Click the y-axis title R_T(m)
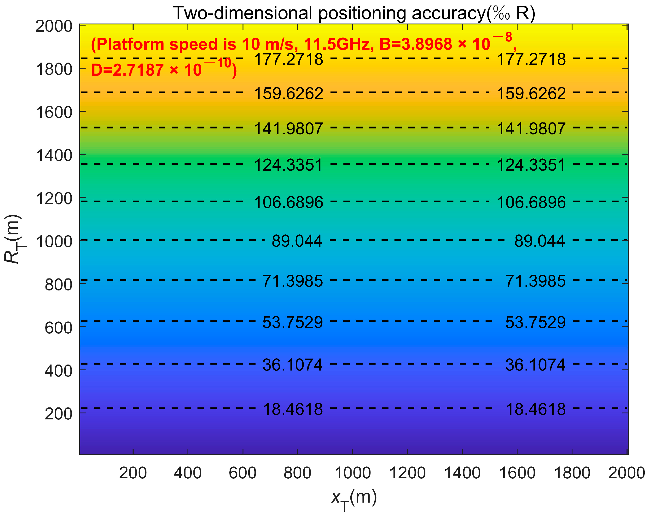(13, 239)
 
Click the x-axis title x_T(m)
(354, 498)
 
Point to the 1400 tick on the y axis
(54, 156)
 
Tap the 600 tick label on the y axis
(58, 328)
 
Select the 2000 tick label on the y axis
(54, 27)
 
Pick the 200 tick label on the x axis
(133, 473)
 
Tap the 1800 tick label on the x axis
(572, 473)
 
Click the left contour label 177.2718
(288, 59)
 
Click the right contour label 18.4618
(536, 409)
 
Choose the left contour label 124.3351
(288, 165)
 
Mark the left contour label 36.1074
(293, 365)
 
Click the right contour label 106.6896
(531, 202)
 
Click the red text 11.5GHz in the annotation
(336, 44)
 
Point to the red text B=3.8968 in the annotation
(415, 44)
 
